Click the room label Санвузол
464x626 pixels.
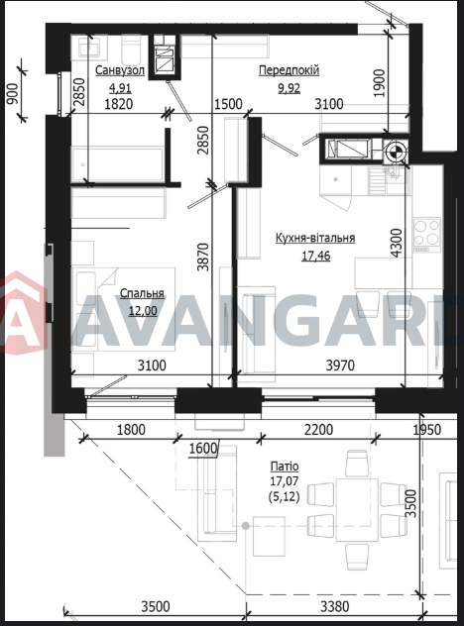(x=120, y=70)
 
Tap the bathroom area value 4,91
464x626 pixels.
(x=120, y=88)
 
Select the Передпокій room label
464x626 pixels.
(x=289, y=70)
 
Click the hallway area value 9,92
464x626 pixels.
(x=290, y=88)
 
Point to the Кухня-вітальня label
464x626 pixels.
(x=315, y=238)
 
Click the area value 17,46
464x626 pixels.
(x=315, y=256)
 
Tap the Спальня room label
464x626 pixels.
(x=143, y=293)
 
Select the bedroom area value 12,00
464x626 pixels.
(x=143, y=311)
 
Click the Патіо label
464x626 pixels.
(x=285, y=467)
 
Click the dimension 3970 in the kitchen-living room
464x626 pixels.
(x=340, y=365)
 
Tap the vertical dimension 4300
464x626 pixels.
(x=396, y=243)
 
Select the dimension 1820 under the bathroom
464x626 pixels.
(x=119, y=104)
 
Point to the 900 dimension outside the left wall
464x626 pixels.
(x=13, y=93)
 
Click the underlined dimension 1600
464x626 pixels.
(x=203, y=449)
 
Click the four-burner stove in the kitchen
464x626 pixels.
(x=427, y=235)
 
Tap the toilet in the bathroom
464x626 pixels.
(x=131, y=50)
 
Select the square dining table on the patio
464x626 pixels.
(x=357, y=510)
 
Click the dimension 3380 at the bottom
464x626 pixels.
(x=335, y=607)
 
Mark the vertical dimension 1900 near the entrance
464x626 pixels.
(x=379, y=82)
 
